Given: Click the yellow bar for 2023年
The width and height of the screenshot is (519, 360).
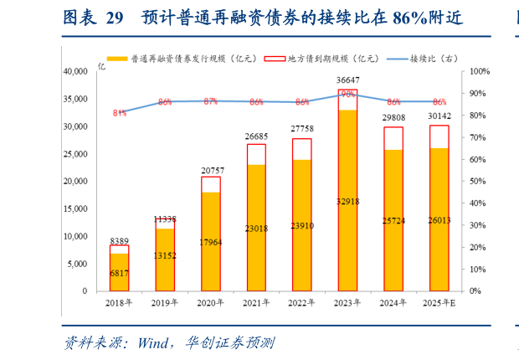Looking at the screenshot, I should [347, 201].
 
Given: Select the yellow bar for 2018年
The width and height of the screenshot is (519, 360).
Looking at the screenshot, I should [119, 272].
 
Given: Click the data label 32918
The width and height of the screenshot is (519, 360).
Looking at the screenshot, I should [347, 202].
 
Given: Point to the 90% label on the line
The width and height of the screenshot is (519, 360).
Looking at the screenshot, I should [347, 94].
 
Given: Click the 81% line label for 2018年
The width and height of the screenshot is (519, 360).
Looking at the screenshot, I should [119, 112].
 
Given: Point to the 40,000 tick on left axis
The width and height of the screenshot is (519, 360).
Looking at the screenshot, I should [74, 72].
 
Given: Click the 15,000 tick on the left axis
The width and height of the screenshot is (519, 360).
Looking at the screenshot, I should [74, 208].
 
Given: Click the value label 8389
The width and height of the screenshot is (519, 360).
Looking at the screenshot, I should [119, 239].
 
